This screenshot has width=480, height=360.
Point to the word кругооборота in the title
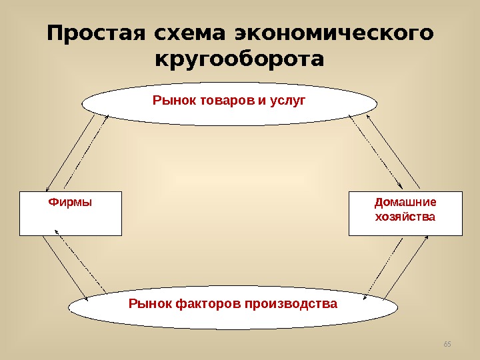(x=239, y=59)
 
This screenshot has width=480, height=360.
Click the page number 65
(x=447, y=344)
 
